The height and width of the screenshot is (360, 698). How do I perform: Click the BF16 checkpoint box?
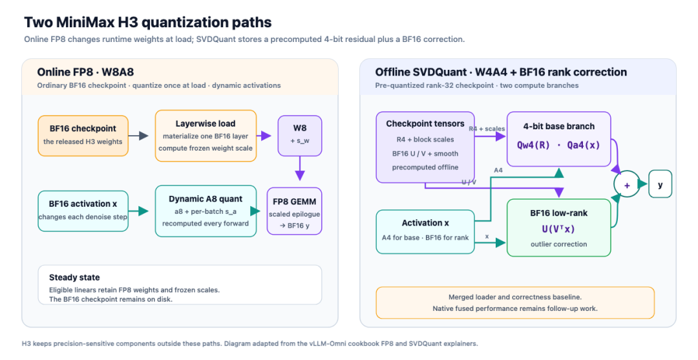click(x=83, y=136)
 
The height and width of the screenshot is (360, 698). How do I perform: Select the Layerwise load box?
click(x=206, y=136)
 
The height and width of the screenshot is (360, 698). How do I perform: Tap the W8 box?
click(x=300, y=136)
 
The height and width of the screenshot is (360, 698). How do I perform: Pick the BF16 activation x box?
click(x=83, y=211)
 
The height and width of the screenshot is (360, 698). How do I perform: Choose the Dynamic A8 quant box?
click(x=206, y=211)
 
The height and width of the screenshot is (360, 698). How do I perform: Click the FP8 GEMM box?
click(x=294, y=211)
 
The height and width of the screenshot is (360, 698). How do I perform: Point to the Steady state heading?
click(x=74, y=277)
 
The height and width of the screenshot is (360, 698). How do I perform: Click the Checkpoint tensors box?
click(x=425, y=147)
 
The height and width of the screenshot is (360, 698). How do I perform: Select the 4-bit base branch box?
click(x=558, y=139)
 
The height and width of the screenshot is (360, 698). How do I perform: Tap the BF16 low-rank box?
click(x=558, y=228)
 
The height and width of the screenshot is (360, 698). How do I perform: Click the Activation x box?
click(x=425, y=231)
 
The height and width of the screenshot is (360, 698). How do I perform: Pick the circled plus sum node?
click(x=627, y=184)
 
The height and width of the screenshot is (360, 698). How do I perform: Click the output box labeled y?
click(x=660, y=184)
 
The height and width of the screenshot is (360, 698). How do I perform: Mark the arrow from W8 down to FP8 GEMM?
click(x=300, y=168)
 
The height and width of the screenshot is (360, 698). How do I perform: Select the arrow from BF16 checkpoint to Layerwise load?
click(x=138, y=136)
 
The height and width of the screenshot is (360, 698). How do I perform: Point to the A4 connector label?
click(x=498, y=170)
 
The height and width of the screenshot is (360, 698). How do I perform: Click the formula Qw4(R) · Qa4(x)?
click(x=558, y=145)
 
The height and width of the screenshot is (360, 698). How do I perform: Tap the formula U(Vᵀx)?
click(x=558, y=229)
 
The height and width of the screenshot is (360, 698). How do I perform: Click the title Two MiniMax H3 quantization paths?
click(x=148, y=22)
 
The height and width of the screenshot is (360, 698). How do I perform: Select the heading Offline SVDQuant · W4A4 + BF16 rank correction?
click(x=501, y=72)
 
